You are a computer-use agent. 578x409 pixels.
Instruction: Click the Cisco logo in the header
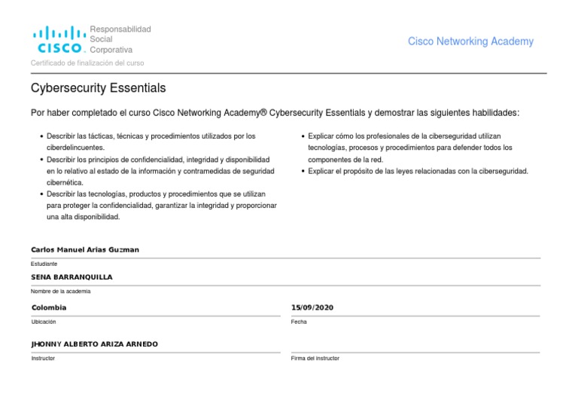tap(58, 40)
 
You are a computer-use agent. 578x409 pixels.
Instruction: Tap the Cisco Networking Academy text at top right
tap(470, 41)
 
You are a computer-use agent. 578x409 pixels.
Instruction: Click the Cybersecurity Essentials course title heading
tap(98, 89)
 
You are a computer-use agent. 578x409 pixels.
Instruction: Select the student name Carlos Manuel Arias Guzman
tap(85, 249)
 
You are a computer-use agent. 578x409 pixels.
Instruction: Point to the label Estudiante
tap(44, 264)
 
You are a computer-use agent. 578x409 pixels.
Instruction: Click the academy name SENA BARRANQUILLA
tap(71, 277)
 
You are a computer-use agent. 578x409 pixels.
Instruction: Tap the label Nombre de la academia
tap(60, 291)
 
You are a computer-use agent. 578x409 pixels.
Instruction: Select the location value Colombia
tap(49, 307)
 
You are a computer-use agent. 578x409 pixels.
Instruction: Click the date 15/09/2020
tap(312, 307)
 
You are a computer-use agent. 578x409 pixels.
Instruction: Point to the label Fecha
tap(299, 322)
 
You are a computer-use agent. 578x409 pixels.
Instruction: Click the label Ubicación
tap(44, 322)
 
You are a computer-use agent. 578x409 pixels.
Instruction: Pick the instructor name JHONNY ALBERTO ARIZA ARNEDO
tap(94, 343)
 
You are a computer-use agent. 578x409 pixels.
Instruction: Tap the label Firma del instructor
tap(315, 358)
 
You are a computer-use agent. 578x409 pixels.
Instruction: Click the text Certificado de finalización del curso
tap(87, 63)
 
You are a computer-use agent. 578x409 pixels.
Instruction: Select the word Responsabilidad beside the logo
tap(120, 29)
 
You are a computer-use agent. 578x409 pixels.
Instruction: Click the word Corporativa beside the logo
tap(111, 50)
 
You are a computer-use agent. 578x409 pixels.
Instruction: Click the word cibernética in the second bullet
tap(65, 182)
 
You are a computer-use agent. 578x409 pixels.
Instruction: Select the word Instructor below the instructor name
tap(43, 358)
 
